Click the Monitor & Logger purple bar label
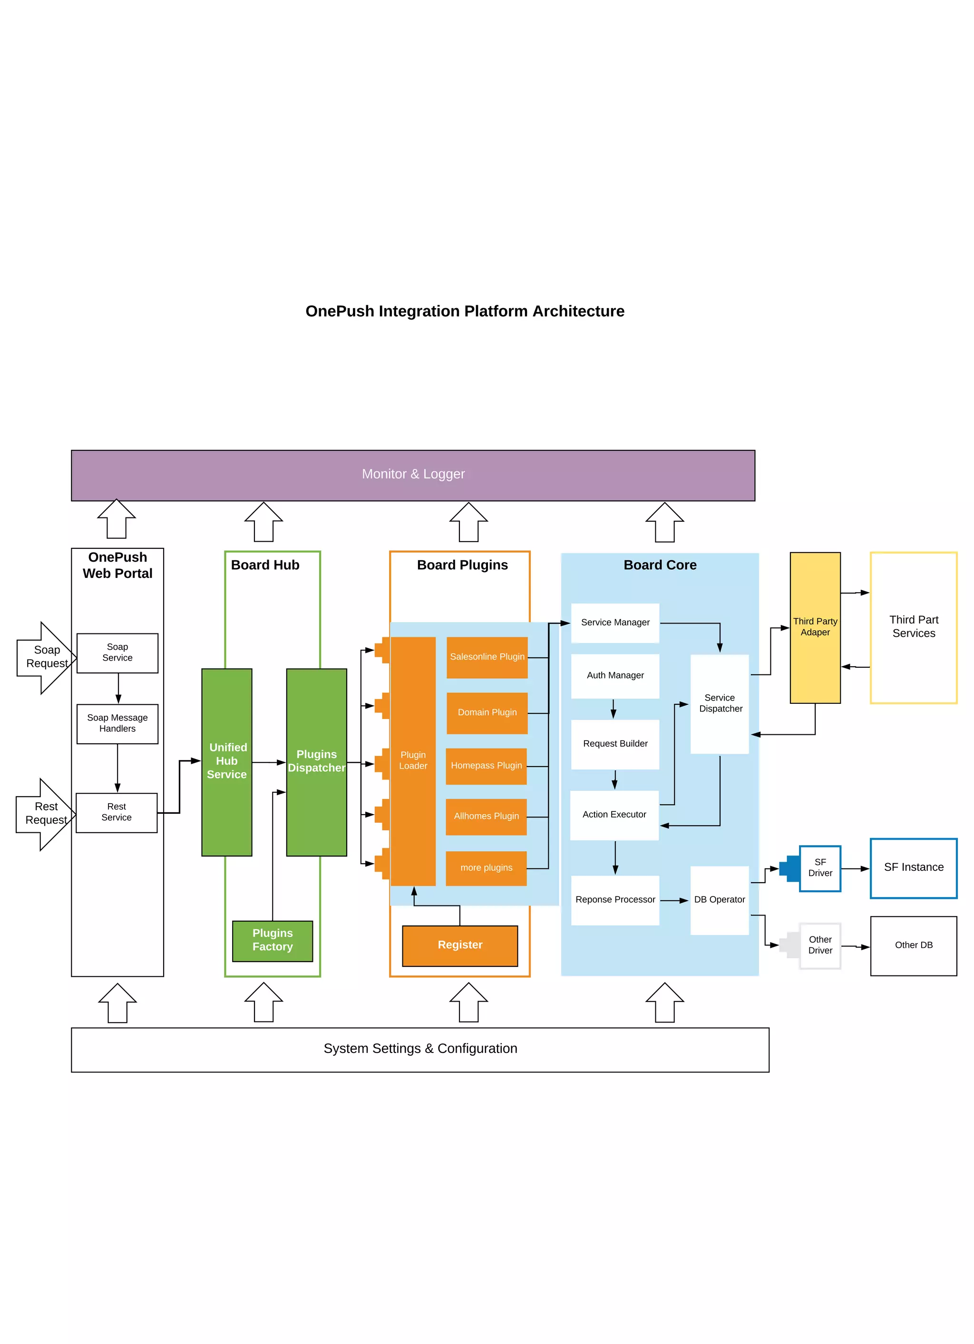(x=413, y=474)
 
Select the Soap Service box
(x=117, y=653)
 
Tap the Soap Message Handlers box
(x=117, y=723)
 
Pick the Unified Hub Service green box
(x=227, y=761)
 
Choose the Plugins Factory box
(x=273, y=940)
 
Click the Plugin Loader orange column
(x=413, y=761)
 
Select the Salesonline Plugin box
(x=487, y=657)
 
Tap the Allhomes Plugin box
(x=486, y=816)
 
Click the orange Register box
(x=460, y=945)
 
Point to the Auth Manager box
(x=615, y=675)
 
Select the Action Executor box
(x=614, y=815)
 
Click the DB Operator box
(x=719, y=899)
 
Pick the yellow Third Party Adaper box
(x=815, y=627)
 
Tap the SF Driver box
(x=820, y=868)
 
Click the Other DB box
(x=914, y=945)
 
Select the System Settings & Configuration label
(x=420, y=1049)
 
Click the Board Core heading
(x=660, y=565)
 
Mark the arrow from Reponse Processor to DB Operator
(x=674, y=901)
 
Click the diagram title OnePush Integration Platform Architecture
(x=465, y=311)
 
